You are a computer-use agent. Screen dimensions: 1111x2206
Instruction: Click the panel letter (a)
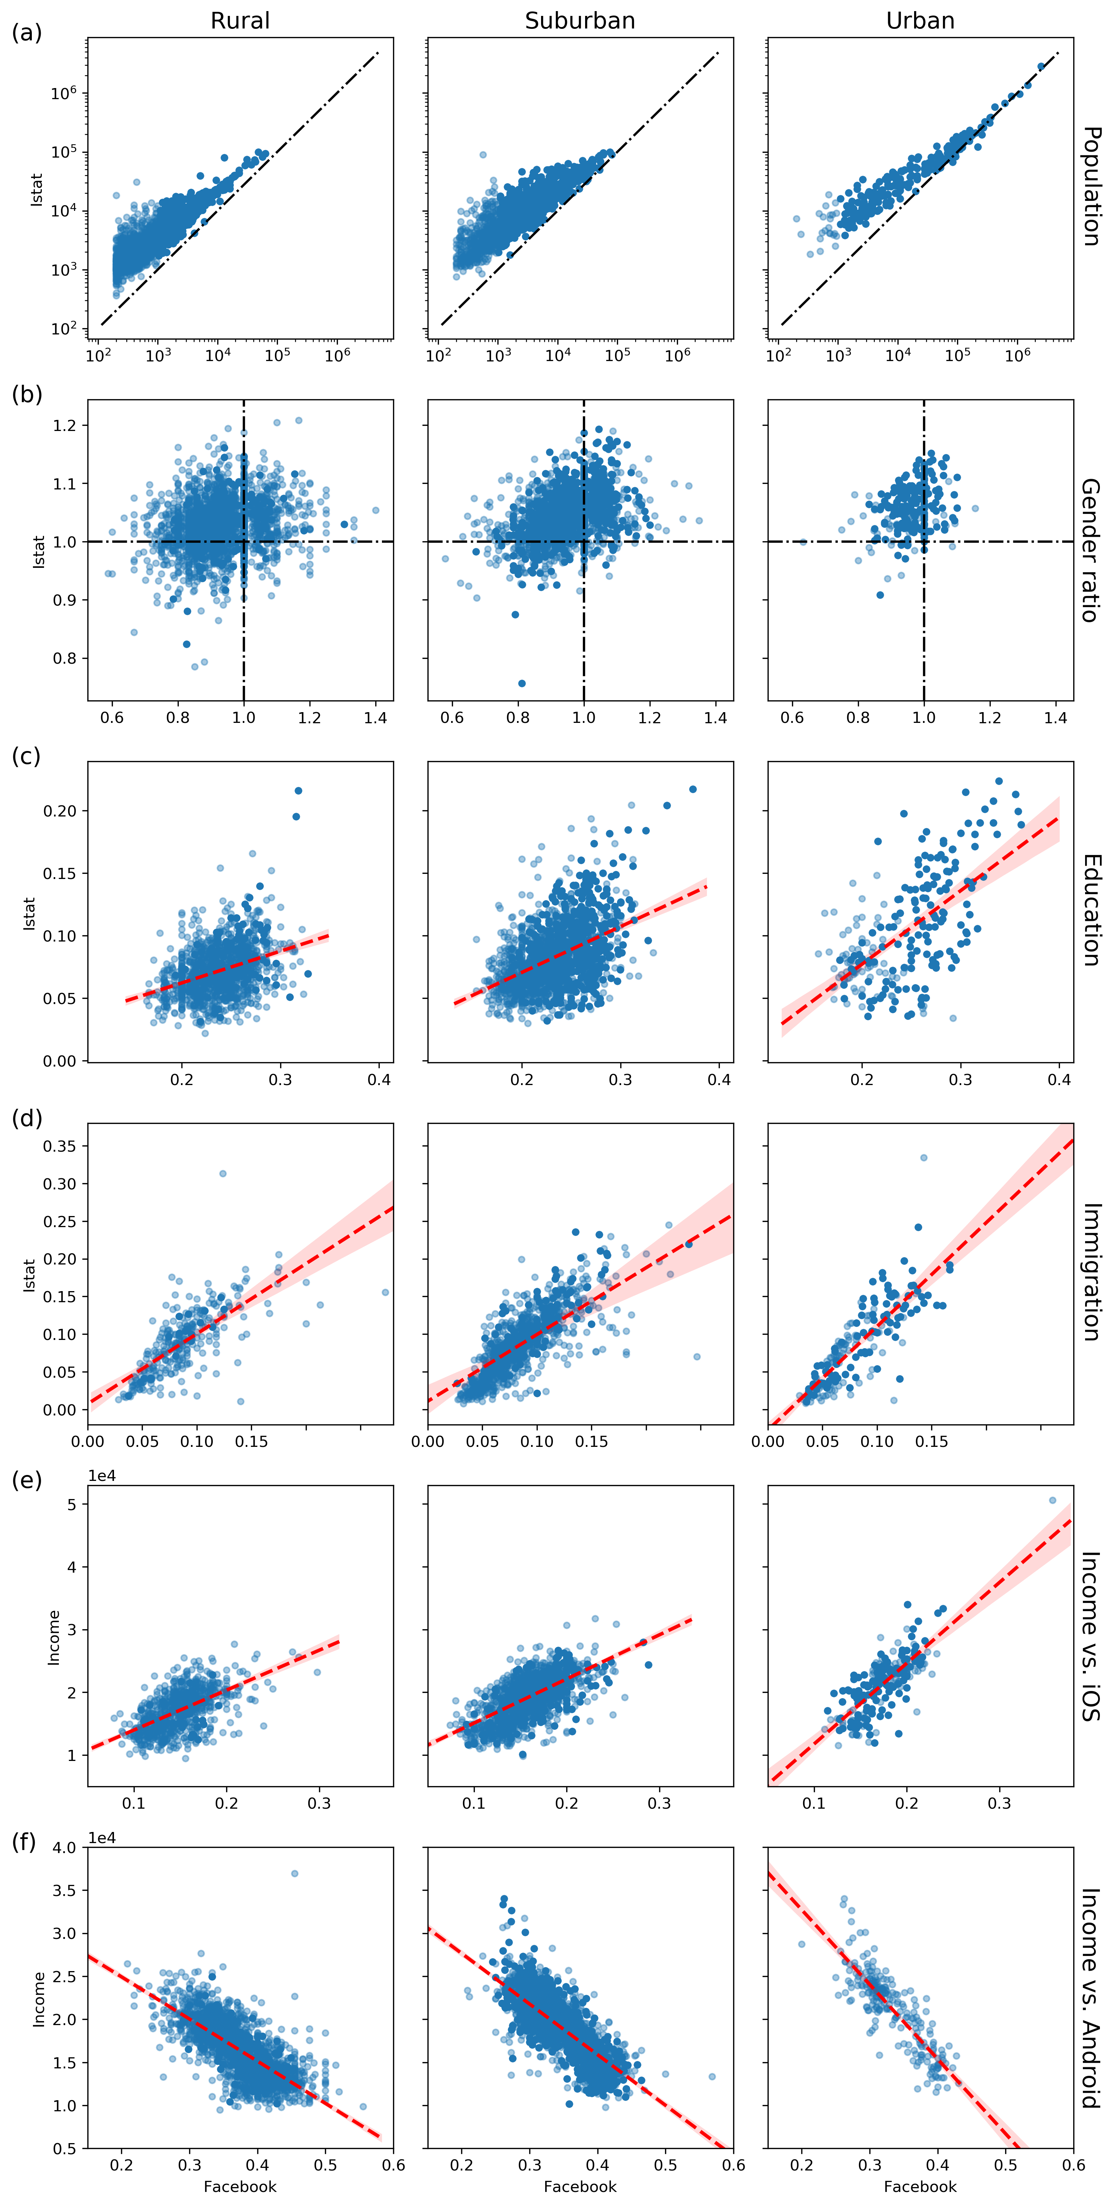click(27, 33)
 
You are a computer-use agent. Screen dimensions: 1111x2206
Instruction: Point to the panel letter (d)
click(27, 1118)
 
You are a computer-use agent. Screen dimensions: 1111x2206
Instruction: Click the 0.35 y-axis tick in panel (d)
click(60, 1146)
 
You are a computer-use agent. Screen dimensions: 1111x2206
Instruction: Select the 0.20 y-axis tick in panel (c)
click(60, 811)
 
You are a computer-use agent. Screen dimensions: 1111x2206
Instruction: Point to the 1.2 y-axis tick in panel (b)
click(65, 425)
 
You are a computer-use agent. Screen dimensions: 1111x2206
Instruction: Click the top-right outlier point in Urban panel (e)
click(1053, 1501)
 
